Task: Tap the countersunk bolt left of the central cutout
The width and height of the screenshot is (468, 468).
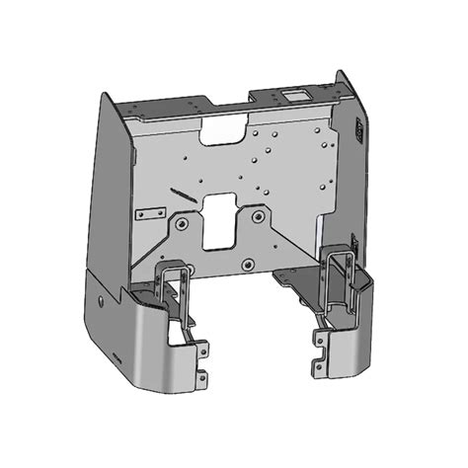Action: click(x=182, y=223)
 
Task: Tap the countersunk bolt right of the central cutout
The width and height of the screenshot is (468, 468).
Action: click(x=259, y=214)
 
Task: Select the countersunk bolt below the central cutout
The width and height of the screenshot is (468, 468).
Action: click(x=248, y=264)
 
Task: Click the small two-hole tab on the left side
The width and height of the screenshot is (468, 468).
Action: click(x=149, y=214)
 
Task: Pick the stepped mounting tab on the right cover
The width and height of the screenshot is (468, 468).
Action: click(x=318, y=351)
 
